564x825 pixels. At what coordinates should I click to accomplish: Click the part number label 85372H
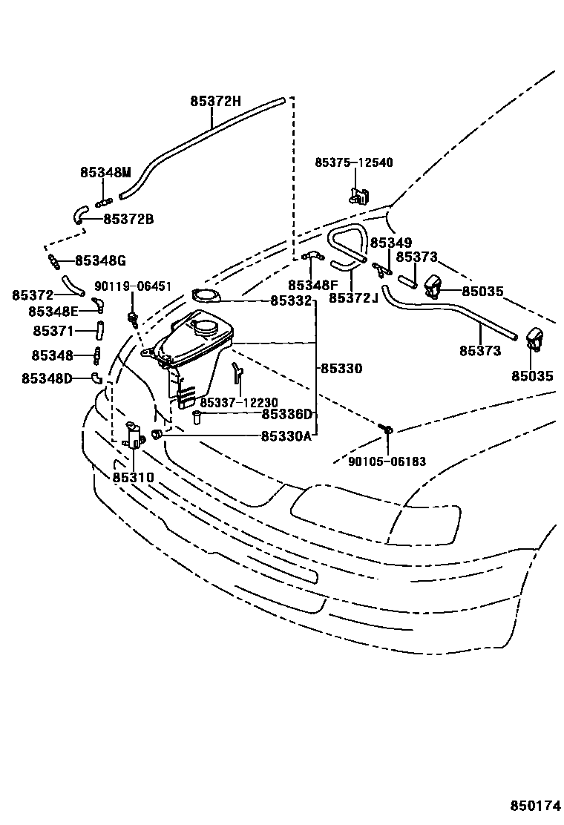tap(215, 103)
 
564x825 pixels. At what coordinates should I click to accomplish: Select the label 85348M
tap(105, 172)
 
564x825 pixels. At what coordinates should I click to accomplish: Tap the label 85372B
tap(128, 219)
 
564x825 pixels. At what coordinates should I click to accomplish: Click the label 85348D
tap(47, 378)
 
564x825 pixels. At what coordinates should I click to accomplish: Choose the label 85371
tap(53, 330)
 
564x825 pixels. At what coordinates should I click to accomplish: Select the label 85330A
tap(285, 436)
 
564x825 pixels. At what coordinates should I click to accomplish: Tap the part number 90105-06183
tap(387, 461)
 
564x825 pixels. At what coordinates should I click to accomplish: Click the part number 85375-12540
tap(354, 162)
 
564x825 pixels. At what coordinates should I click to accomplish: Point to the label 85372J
tap(353, 298)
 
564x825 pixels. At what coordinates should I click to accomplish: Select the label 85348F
tap(313, 286)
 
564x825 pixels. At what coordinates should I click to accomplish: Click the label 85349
tap(390, 243)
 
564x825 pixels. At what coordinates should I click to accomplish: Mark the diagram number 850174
tap(534, 806)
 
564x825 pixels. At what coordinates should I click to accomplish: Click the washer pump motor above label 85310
tap(134, 433)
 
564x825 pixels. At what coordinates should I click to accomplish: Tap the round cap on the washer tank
tap(206, 323)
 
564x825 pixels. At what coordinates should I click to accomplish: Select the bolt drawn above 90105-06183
tap(386, 428)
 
